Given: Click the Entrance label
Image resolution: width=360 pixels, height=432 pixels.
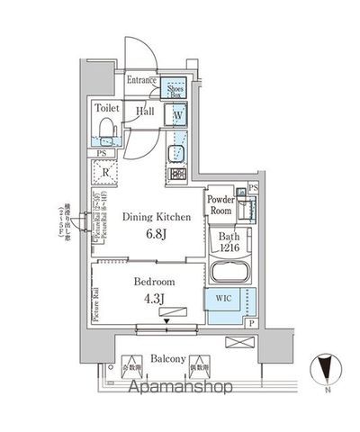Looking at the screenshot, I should click(141, 81).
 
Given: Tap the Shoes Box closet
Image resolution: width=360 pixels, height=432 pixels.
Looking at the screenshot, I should click(173, 87).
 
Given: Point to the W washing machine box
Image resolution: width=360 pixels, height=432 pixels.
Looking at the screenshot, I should click(177, 114).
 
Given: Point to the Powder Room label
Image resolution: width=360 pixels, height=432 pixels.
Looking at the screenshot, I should click(221, 202).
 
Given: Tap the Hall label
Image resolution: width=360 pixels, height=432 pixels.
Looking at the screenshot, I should click(144, 111).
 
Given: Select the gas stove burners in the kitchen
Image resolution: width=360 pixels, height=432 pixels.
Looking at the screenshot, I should click(176, 174).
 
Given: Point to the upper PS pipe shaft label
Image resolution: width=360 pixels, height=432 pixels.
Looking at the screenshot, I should click(254, 186).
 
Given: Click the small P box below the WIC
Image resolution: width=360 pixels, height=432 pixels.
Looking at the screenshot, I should click(250, 323).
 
